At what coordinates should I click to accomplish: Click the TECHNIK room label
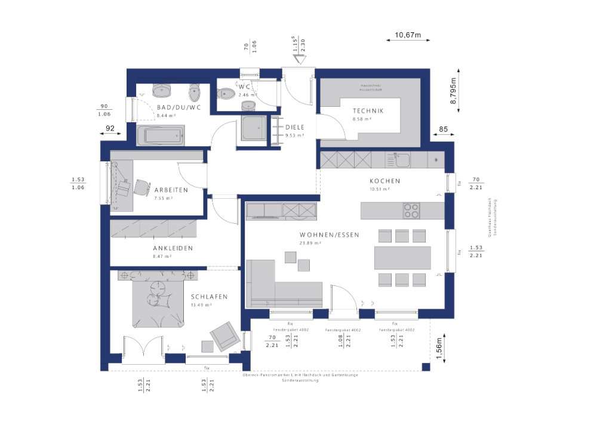click(368, 111)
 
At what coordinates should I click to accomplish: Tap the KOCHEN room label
click(384, 181)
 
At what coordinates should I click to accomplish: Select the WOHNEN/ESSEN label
click(329, 235)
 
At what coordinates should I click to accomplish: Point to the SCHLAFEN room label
click(209, 297)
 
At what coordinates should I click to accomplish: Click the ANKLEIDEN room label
click(173, 248)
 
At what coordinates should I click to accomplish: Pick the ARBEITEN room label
click(171, 190)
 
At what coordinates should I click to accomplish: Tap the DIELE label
click(295, 127)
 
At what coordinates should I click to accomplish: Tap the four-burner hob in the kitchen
click(411, 211)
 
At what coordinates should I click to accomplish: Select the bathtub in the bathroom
click(162, 135)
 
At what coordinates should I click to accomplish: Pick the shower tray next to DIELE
click(254, 128)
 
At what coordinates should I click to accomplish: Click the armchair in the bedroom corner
click(225, 335)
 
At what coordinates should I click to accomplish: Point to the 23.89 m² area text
click(310, 244)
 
